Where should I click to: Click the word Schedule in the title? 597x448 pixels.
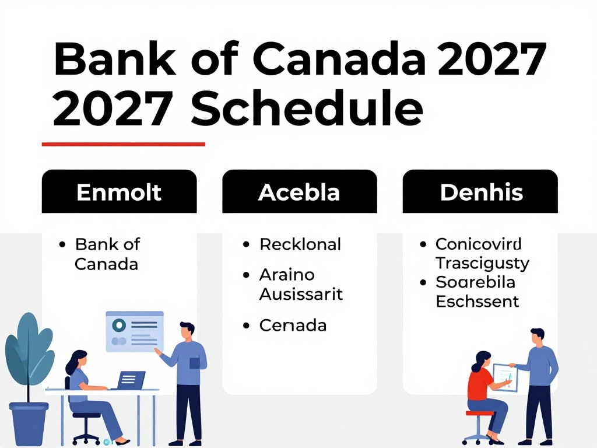tap(307, 107)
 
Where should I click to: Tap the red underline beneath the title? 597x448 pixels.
tap(124, 145)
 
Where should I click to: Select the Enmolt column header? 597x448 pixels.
tap(119, 191)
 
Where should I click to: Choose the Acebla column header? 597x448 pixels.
tap(300, 191)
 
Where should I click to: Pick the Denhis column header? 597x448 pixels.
tap(480, 191)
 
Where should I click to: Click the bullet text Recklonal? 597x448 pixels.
tap(300, 244)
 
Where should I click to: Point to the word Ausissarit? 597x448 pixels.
tap(301, 294)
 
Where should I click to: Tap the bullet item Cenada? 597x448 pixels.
tap(293, 325)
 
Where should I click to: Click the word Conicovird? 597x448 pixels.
tap(479, 244)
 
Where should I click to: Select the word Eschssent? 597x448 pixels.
tap(477, 302)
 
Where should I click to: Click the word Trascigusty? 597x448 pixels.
tap(482, 264)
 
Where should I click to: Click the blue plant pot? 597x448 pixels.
tap(29, 423)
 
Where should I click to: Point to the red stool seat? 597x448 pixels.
tap(479, 413)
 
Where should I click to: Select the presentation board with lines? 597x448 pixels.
tap(135, 332)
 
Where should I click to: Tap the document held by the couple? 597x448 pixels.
tap(505, 377)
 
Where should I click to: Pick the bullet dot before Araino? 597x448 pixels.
tap(247, 275)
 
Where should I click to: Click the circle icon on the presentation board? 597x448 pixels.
tap(119, 325)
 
